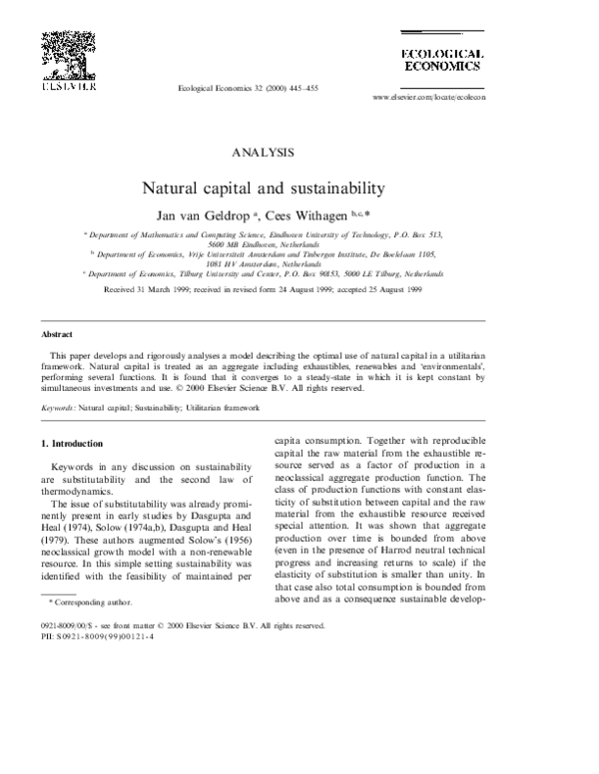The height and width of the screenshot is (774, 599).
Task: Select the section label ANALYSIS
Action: (263, 153)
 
